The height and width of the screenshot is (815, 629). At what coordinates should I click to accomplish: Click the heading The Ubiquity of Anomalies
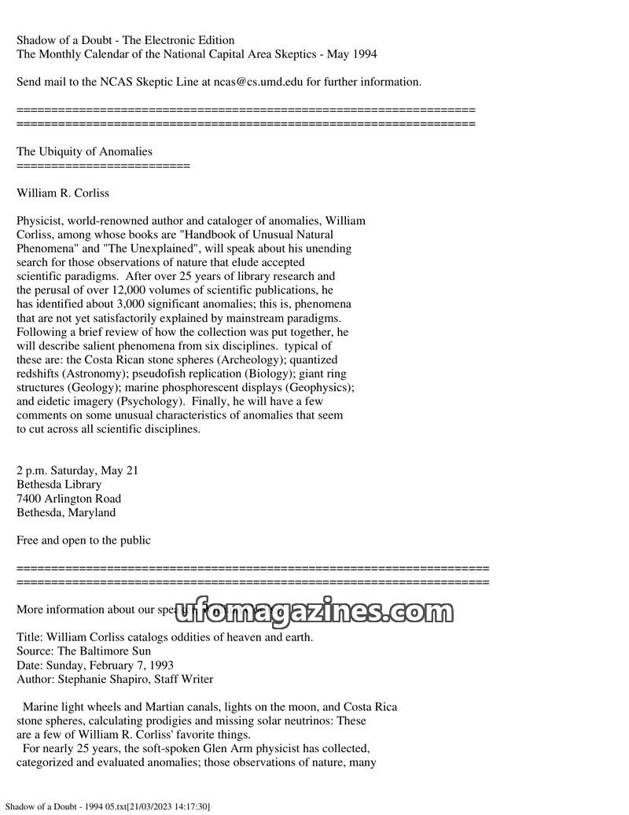(84, 151)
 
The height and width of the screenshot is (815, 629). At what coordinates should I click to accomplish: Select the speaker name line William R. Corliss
(63, 193)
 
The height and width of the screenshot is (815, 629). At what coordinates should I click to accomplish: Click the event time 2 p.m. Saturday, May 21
(77, 470)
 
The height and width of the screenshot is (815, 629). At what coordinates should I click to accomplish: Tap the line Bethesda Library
(59, 485)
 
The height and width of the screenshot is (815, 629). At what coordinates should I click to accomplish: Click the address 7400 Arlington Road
(68, 499)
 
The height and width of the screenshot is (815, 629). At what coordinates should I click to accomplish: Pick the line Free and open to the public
(83, 540)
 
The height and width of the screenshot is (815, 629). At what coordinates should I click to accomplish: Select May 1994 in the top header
(350, 54)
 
